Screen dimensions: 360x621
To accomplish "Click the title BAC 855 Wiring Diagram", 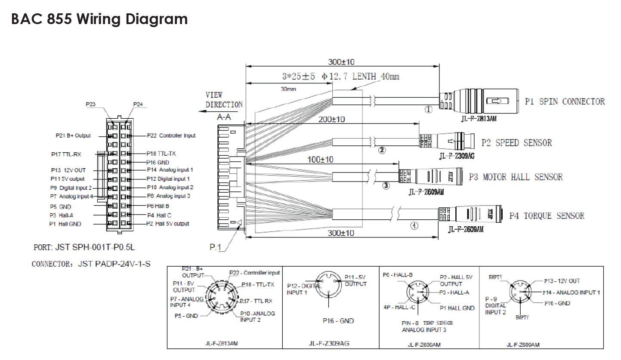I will pos(99,19).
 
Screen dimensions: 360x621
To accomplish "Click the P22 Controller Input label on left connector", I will pos(171,135).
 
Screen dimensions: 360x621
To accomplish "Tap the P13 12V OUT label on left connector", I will pos(68,170).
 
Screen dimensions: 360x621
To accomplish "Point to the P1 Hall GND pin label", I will pos(65,224).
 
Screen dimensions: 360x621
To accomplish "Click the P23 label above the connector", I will pos(90,105).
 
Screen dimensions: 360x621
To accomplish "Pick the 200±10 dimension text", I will pos(331,119).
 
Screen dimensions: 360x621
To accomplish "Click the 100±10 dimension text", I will pos(319,160).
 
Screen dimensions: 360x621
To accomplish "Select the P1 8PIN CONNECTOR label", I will pos(565,102).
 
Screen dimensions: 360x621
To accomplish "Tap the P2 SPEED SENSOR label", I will pos(516,143).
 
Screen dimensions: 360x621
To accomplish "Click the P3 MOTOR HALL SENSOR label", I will pos(516,177).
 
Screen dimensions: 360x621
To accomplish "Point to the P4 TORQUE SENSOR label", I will pos(547,216).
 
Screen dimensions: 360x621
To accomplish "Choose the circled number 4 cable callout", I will pos(414,225).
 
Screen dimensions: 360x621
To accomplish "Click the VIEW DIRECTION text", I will pos(224,100).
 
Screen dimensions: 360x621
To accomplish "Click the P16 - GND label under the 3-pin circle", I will pos(338,321).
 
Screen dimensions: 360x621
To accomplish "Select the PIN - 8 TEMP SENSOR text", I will pos(427,323).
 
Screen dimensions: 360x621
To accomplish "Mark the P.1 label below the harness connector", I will pos(216,247).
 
